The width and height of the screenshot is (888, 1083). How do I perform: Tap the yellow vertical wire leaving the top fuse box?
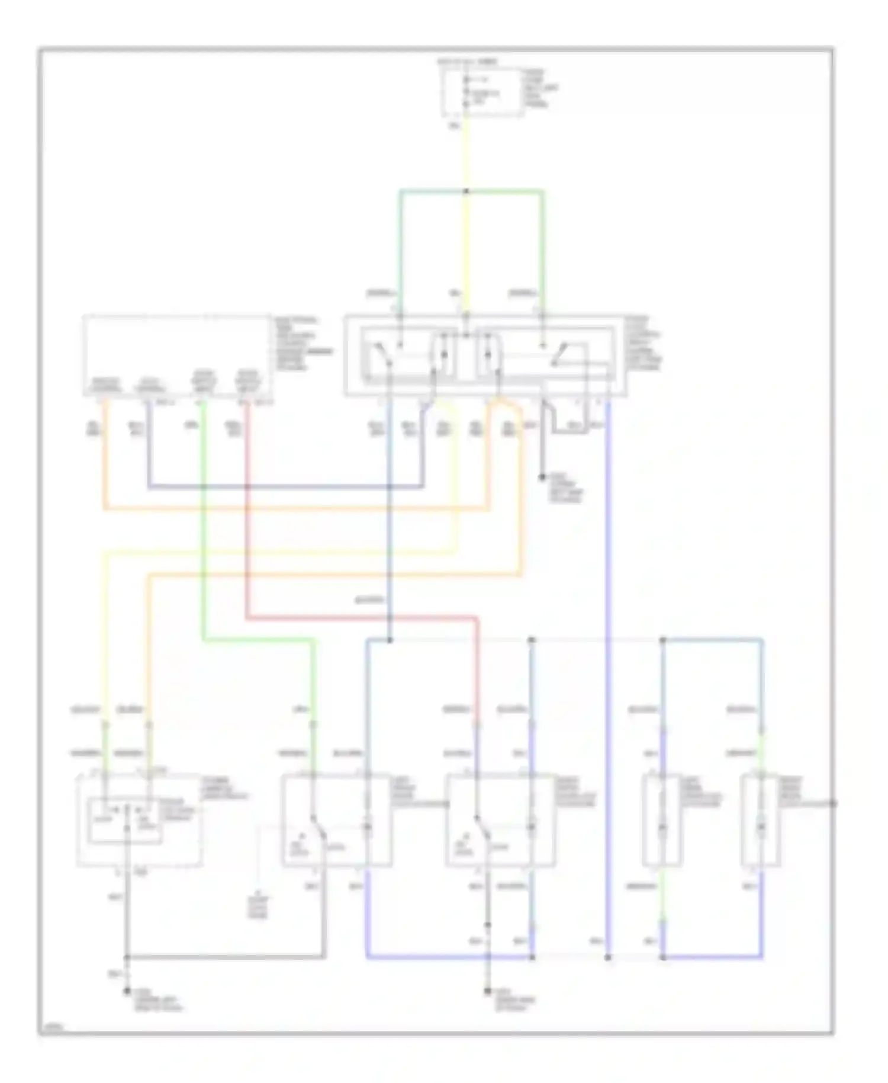[466, 154]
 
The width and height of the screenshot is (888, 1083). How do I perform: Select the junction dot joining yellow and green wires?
[466, 191]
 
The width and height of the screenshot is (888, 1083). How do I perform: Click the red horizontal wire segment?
[361, 619]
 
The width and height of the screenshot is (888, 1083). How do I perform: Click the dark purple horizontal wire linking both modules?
[284, 488]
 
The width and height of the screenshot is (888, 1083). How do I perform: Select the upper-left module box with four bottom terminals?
[178, 355]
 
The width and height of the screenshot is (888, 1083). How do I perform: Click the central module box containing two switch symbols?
[485, 355]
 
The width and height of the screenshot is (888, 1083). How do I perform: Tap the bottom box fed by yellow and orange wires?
[140, 821]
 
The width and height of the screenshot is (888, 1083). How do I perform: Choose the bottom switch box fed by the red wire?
[500, 821]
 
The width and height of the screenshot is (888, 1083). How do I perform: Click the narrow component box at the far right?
[761, 821]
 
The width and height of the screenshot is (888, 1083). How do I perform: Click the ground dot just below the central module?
[542, 476]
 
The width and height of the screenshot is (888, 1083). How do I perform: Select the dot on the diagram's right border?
[833, 803]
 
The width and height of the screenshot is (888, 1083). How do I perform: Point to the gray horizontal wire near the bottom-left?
[225, 957]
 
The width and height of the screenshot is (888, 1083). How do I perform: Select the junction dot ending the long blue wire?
[607, 957]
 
